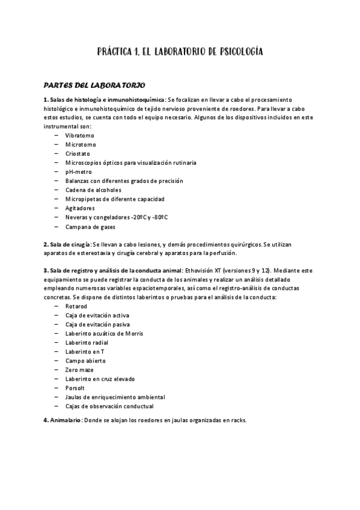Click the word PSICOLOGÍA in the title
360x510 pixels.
click(233, 52)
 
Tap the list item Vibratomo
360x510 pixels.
click(79, 136)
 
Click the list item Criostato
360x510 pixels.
click(78, 154)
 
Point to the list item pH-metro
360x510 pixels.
click(79, 172)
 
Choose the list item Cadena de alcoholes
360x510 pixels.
click(93, 190)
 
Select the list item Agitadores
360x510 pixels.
click(80, 208)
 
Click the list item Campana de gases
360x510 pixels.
click(90, 227)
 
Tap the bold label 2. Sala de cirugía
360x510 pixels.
click(67, 245)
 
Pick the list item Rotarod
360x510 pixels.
click(76, 306)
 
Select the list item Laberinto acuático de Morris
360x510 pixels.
click(104, 333)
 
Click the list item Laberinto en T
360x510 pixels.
click(85, 352)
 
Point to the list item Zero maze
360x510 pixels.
click(79, 370)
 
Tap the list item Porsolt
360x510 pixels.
click(76, 388)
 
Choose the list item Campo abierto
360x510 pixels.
click(85, 361)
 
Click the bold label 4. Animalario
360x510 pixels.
click(62, 420)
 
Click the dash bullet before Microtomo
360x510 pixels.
click(56, 145)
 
